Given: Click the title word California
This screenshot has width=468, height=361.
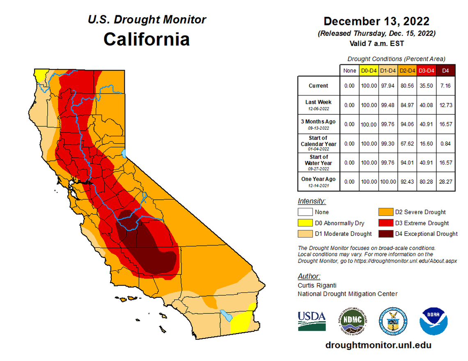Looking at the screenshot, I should [147, 39].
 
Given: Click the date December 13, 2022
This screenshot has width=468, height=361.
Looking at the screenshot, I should [376, 21].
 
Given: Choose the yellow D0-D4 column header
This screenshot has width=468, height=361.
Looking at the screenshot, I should [369, 71].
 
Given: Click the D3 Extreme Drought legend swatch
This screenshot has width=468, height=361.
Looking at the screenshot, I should [385, 223].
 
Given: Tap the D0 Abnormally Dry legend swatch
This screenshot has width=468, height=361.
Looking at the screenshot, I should [305, 223].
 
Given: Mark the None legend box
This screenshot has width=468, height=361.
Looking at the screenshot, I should [305, 212].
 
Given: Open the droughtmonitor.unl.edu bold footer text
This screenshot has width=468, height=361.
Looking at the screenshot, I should [378, 345].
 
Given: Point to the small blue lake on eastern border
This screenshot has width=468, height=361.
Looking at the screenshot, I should [124, 154].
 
